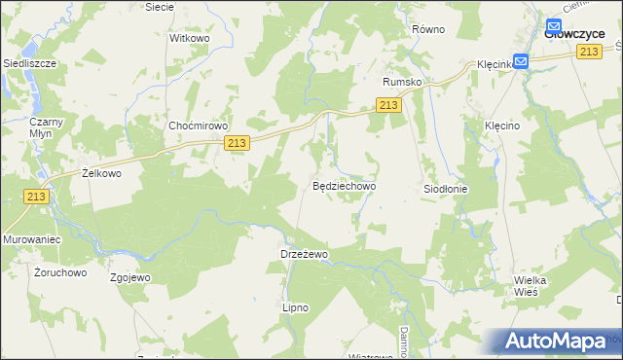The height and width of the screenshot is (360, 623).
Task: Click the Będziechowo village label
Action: point(344,184)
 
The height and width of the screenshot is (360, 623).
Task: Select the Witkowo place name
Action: point(190,38)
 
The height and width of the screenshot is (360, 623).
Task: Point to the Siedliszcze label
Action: point(29,62)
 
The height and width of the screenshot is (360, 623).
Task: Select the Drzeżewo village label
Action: point(305,253)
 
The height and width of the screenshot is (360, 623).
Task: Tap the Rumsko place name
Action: point(402,83)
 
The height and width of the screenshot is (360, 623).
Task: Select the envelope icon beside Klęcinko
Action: point(521,61)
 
